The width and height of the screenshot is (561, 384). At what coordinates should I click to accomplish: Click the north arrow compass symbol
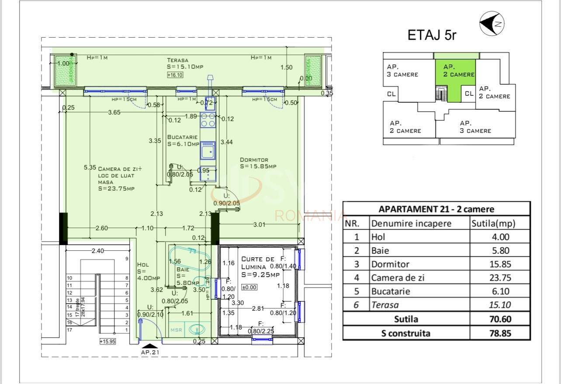point(492,24)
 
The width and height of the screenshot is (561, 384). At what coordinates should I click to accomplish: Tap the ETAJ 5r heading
point(431,35)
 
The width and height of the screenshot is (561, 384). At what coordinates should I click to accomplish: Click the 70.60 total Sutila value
point(500,319)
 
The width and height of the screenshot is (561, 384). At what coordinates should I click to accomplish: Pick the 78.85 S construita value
point(500,333)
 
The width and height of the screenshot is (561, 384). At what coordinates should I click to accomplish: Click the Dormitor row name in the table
point(390,264)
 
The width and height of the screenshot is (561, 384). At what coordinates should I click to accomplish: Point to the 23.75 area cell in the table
point(500,278)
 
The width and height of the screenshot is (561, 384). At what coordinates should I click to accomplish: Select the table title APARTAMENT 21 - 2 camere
point(436,209)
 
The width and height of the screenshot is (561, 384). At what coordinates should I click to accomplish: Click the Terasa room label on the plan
point(177,60)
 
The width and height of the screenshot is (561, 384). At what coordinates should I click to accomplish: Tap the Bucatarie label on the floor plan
point(182,137)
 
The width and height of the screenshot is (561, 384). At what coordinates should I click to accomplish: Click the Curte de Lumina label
point(258,263)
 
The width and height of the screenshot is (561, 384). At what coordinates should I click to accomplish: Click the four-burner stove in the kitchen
point(208,120)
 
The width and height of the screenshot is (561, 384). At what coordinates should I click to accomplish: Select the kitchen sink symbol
point(208,151)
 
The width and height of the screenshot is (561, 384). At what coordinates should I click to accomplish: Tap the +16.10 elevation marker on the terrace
point(175,75)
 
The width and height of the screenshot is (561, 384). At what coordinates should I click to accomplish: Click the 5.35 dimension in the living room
point(90,167)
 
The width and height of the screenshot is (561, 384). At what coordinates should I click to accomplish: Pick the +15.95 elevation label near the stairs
point(107,342)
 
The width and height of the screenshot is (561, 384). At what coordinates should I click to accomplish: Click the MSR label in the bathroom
point(176,330)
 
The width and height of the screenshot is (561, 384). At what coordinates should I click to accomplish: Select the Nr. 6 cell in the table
point(356,305)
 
